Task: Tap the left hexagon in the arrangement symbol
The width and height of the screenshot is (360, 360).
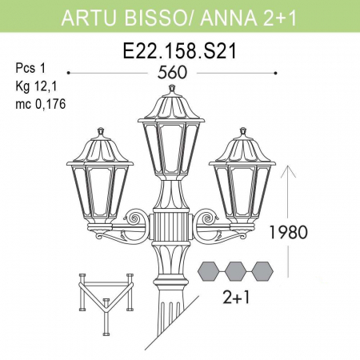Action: coord(210,270)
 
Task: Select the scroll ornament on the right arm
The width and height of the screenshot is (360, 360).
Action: coord(206,218)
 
